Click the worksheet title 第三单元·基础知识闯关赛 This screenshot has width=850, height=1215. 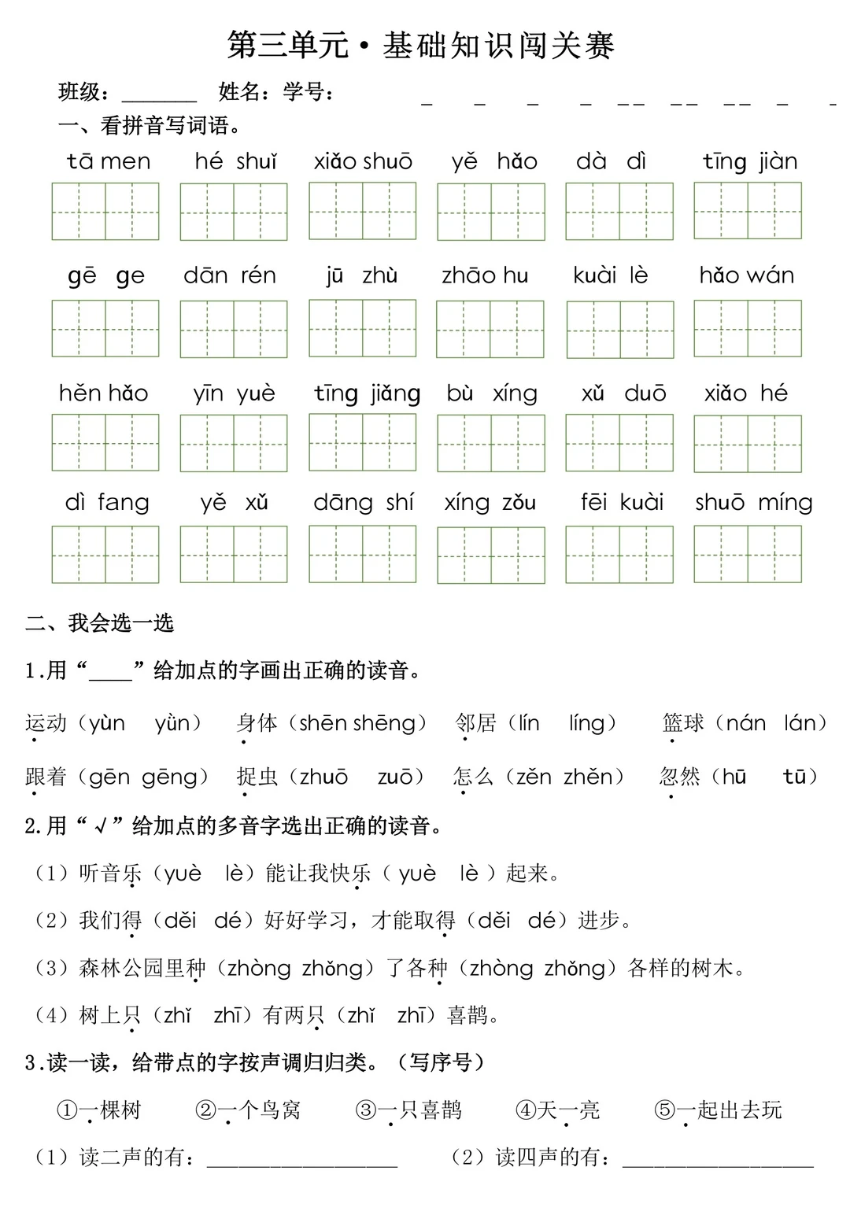[420, 46]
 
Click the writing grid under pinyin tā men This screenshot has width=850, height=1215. [105, 211]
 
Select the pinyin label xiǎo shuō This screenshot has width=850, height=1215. [363, 161]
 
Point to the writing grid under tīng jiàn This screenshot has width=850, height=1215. [748, 210]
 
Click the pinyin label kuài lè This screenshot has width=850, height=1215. [610, 275]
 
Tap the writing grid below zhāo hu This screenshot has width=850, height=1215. [490, 329]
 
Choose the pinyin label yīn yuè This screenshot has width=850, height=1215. [234, 393]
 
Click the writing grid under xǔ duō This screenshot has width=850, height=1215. [619, 443]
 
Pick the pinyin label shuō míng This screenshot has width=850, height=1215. [753, 502]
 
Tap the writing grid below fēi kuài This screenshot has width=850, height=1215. [619, 555]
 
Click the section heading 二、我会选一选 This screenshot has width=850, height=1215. [100, 623]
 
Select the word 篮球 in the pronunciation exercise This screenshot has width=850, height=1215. [683, 722]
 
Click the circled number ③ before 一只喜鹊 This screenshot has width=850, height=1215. [366, 1110]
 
